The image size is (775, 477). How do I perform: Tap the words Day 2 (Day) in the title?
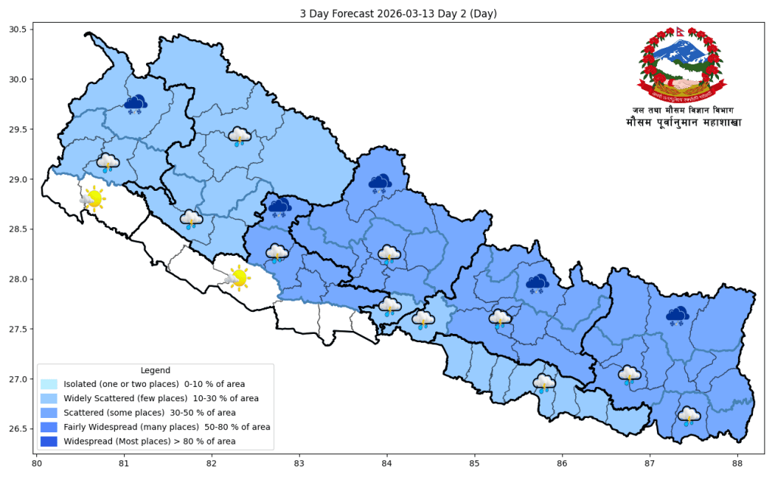point(459,14)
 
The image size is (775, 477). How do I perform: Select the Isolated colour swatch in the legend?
point(49,385)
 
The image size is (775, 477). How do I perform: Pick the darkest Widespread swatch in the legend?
point(49,441)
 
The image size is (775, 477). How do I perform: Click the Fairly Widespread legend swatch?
point(49,427)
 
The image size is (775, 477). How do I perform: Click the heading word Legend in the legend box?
point(155,370)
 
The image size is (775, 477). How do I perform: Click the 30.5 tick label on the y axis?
point(17,30)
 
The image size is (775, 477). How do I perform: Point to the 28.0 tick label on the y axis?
point(17,279)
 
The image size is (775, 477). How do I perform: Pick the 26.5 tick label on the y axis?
point(17,429)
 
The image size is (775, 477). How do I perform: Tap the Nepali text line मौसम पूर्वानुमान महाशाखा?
point(683,123)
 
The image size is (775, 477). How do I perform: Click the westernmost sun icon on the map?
point(93,198)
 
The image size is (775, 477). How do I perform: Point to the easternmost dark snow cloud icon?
point(677,315)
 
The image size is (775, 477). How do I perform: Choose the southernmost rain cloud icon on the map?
point(689,416)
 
